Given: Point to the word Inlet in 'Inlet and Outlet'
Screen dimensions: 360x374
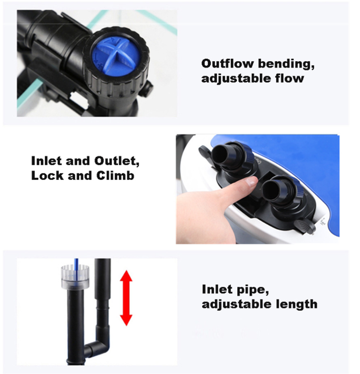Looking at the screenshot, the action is [47, 161].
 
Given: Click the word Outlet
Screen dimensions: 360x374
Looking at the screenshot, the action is [117, 161].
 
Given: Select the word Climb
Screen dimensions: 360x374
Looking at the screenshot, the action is [115, 176].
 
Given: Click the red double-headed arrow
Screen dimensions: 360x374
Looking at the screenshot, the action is [126, 298].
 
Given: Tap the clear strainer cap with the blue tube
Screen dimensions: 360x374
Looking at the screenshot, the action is [75, 276].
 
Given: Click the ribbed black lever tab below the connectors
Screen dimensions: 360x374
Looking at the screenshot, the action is [305, 226].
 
